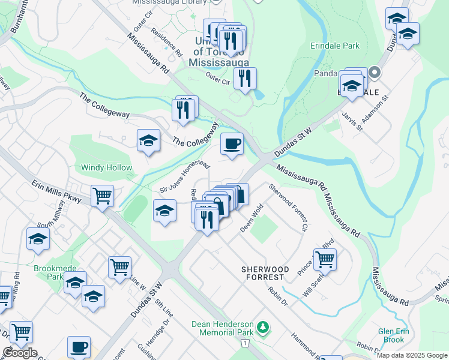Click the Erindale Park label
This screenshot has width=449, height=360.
tap(335, 46)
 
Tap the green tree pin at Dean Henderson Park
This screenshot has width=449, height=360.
tap(262, 328)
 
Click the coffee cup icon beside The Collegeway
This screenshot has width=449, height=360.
tap(232, 143)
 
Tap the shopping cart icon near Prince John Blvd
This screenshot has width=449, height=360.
tap(325, 259)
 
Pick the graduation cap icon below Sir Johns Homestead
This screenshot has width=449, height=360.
tap(164, 211)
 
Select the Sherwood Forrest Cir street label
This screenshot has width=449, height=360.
tap(288, 207)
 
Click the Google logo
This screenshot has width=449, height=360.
tap(20, 353)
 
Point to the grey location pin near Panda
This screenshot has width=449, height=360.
tap(375, 73)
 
